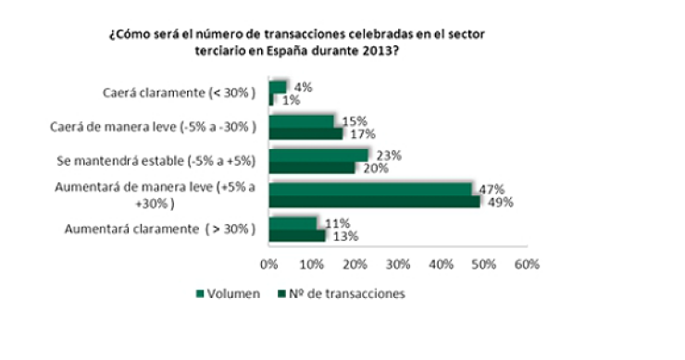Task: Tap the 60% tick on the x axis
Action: pos(527,265)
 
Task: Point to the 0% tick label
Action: pos(269,265)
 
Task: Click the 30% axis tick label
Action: pos(398,265)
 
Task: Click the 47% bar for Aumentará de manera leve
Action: pos(370,189)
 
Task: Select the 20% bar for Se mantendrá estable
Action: pos(312,168)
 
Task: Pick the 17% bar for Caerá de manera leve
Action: pos(305,133)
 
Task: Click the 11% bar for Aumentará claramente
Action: pos(293,223)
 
